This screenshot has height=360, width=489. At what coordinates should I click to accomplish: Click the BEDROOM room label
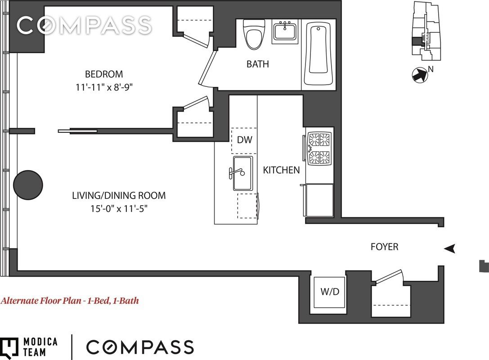104,74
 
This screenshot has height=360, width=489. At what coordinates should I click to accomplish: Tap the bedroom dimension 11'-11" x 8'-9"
104,87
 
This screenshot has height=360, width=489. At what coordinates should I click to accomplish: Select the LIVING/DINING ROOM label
119,196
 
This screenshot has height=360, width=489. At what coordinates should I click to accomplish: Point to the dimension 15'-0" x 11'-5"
119,208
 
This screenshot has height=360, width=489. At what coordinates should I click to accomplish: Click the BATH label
258,64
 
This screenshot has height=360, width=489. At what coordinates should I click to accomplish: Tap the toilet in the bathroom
254,34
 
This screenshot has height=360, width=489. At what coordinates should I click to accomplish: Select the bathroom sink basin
285,31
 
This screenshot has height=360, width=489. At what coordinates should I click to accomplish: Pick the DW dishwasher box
244,140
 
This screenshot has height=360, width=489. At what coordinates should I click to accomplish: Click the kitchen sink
242,173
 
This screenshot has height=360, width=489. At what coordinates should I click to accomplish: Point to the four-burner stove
319,148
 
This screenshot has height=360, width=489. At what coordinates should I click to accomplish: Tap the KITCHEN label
281,170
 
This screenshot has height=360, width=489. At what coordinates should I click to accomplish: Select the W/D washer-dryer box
330,292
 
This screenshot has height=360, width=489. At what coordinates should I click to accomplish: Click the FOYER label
385,247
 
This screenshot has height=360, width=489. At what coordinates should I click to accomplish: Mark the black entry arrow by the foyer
450,248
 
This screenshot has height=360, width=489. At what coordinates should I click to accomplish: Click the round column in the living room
28,185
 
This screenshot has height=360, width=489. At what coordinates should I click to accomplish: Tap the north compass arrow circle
419,75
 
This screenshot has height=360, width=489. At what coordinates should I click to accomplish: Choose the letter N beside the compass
431,69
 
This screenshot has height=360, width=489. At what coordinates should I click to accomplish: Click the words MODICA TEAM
40,347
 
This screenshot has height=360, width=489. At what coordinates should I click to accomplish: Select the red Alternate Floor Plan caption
70,301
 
